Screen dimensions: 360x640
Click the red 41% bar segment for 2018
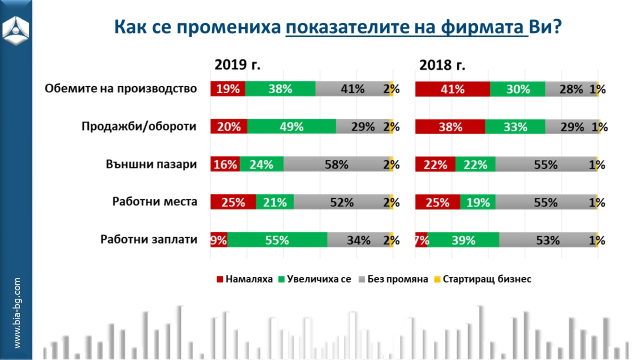click(x=452, y=89)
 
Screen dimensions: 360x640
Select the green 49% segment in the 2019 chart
click(x=291, y=126)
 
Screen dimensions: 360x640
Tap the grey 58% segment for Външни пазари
click(x=336, y=164)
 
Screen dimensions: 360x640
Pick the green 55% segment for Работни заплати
click(x=277, y=240)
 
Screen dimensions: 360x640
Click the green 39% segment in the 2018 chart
click(x=463, y=240)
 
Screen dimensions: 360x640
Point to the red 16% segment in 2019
click(x=225, y=164)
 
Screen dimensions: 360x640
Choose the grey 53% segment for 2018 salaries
click(x=547, y=240)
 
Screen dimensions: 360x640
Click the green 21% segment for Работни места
click(x=275, y=202)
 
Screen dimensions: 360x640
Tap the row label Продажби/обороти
click(x=139, y=126)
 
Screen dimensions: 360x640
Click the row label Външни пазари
click(x=151, y=164)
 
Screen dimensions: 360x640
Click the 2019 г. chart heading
click(x=238, y=65)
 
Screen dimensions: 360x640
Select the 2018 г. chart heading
click(x=442, y=65)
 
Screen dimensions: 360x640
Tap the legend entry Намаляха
click(x=245, y=279)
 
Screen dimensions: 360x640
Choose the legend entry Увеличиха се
click(x=315, y=279)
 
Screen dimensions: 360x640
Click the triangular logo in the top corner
click(x=16, y=28)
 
